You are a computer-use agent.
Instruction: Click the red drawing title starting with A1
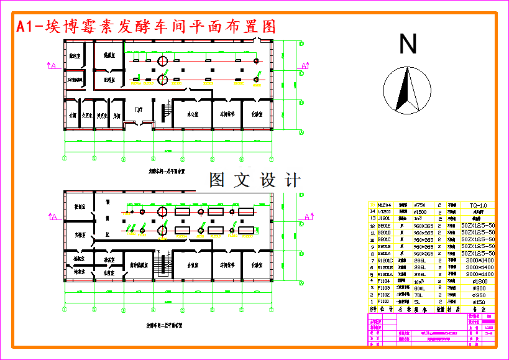click(x=145, y=27)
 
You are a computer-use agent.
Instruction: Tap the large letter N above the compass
click(x=408, y=45)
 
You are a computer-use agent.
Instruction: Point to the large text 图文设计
click(x=255, y=180)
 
